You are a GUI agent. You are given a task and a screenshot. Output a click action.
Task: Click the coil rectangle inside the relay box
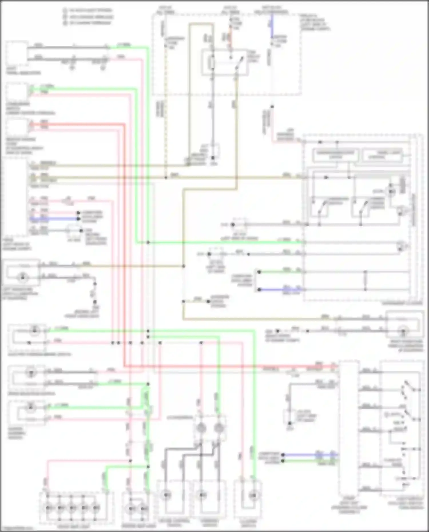(x=212, y=63)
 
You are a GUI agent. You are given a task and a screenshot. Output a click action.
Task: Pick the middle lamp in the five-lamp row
(x=73, y=508)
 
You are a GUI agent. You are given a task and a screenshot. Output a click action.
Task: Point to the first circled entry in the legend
(x=65, y=11)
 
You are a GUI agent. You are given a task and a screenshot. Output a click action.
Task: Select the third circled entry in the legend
(x=65, y=23)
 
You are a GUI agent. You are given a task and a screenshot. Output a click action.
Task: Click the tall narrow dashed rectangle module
(x=349, y=429)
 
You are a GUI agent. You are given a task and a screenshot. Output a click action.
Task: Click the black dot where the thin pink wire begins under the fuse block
(x=272, y=107)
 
